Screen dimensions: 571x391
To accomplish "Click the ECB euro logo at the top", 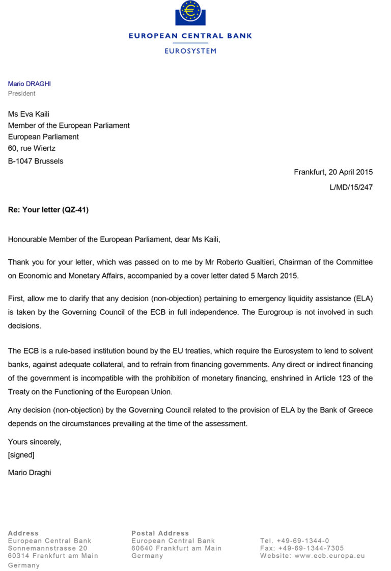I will click(190, 13).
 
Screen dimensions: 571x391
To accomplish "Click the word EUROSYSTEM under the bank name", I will click(190, 51).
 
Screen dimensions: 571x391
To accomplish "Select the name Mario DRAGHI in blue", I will click(29, 84).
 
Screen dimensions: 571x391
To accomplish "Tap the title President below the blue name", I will click(21, 94).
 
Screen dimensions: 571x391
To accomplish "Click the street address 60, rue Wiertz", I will click(32, 148).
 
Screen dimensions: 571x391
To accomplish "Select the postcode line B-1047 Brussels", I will click(36, 161).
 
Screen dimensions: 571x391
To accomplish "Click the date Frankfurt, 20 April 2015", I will click(333, 172).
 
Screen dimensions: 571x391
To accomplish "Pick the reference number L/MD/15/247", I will click(351, 187).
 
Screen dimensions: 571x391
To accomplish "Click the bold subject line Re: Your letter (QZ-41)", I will click(48, 209).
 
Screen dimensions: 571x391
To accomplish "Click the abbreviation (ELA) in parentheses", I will click(362, 299).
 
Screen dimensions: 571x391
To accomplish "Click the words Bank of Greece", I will click(343, 411).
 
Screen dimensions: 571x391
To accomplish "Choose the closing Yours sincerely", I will click(34, 442).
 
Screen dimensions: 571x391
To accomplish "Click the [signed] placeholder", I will click(21, 455).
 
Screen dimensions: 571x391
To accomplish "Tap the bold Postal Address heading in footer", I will click(160, 533).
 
